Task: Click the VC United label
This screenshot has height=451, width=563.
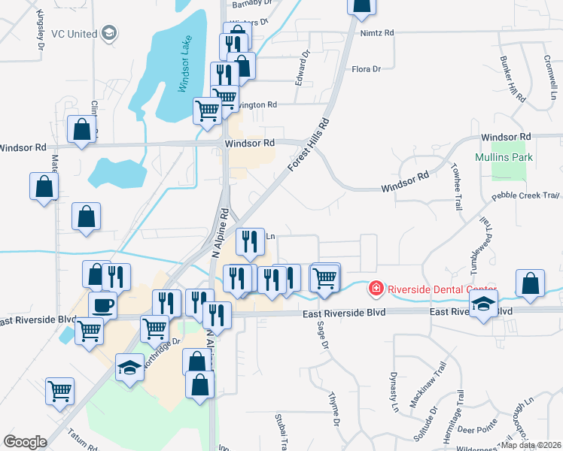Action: (x=74, y=34)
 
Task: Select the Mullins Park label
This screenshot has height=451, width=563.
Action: (x=504, y=157)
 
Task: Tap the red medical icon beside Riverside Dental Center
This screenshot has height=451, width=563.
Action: (x=375, y=288)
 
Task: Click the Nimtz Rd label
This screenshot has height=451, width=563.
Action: (x=377, y=33)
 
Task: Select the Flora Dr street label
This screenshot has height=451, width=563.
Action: (x=367, y=69)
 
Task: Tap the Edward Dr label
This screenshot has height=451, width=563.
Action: (x=302, y=68)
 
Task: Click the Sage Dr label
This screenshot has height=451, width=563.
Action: (x=324, y=335)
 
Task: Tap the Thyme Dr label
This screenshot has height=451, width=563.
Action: (x=334, y=408)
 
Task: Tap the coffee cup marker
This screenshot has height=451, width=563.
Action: (x=103, y=305)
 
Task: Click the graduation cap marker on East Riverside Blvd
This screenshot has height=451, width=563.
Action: (x=482, y=304)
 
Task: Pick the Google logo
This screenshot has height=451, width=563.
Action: (x=26, y=442)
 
